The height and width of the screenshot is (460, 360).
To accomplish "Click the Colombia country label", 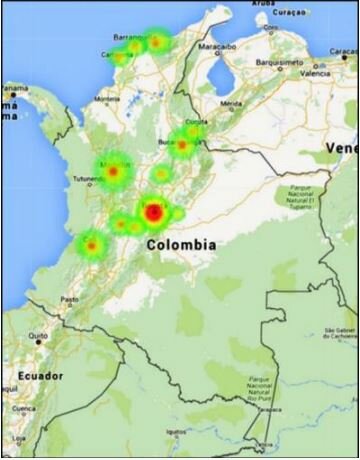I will tap(180, 244).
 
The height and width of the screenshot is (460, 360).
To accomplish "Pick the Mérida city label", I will tap(231, 104).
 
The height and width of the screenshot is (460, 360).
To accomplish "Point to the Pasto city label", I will tap(69, 299).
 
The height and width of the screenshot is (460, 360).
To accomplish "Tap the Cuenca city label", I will tap(22, 408).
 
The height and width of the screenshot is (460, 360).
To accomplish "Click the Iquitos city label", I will tap(176, 432).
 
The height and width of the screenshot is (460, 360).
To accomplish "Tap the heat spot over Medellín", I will tap(114, 172).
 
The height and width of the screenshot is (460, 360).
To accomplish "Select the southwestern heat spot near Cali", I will tap(92, 243).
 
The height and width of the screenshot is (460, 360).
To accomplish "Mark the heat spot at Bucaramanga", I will tap(182, 144).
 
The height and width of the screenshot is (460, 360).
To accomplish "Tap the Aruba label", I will tap(262, 3).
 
